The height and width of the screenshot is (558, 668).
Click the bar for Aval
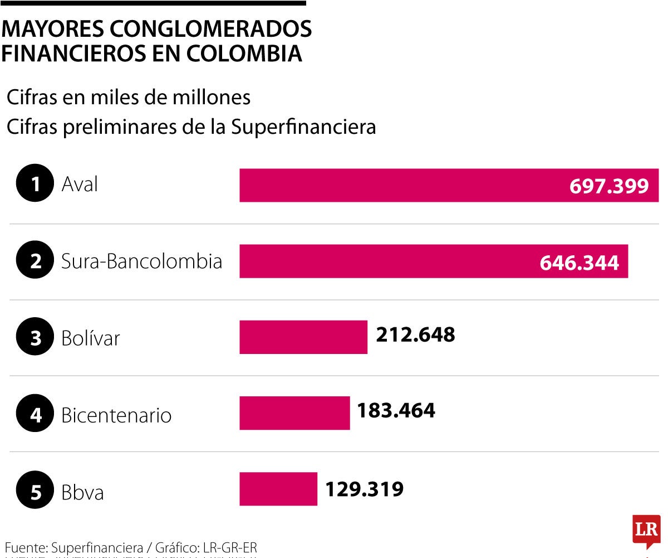pos(401,185)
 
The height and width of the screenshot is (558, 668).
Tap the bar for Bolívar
pos(303,337)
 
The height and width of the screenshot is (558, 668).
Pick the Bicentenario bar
pos(294,413)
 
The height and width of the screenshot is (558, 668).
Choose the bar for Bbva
pos(278,489)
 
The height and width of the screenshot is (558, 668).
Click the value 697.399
pos(609,186)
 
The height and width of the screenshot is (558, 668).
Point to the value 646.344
pos(579,262)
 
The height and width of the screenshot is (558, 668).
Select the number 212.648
pos(415,334)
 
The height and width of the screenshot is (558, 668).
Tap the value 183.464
pos(396,411)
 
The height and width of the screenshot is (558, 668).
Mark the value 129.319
pos(364,489)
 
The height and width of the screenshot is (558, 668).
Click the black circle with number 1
pos(36,184)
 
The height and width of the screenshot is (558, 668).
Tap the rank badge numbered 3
pos(36,338)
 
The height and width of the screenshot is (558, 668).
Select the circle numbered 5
pos(36,492)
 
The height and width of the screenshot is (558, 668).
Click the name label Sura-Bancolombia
pos(141,261)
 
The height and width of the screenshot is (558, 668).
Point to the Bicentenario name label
pos(116,415)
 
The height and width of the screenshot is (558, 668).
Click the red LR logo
pos(646,530)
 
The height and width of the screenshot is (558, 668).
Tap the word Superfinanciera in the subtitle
pos(303,127)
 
